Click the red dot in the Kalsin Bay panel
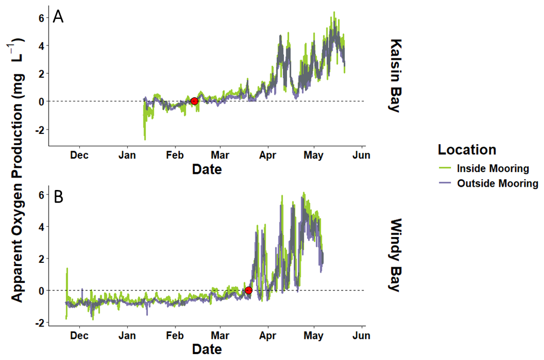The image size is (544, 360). point(194,101)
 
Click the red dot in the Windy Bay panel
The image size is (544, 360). point(248,290)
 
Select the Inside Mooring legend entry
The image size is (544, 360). point(484,168)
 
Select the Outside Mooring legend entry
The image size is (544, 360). point(488,183)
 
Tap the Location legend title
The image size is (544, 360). point(467,150)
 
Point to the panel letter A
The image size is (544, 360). point(58,16)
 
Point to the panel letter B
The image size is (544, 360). point(59,196)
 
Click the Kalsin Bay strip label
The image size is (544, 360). point(395,76)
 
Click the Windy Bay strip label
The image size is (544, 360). point(395,255)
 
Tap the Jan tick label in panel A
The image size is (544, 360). point(127,155)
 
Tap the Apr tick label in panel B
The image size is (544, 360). point(268,336)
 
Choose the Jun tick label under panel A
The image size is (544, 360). point(362,155)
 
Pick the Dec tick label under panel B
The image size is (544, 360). point(79,336)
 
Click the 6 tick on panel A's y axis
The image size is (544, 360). point(42,18)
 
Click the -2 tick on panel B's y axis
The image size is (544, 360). point(40,323)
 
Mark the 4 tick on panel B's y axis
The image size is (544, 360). point(42,227)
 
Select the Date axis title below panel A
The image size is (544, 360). point(207,169)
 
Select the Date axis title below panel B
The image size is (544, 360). point(207,349)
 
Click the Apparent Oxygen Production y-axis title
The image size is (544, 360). point(16,170)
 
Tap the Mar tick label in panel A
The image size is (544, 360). point(220,155)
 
